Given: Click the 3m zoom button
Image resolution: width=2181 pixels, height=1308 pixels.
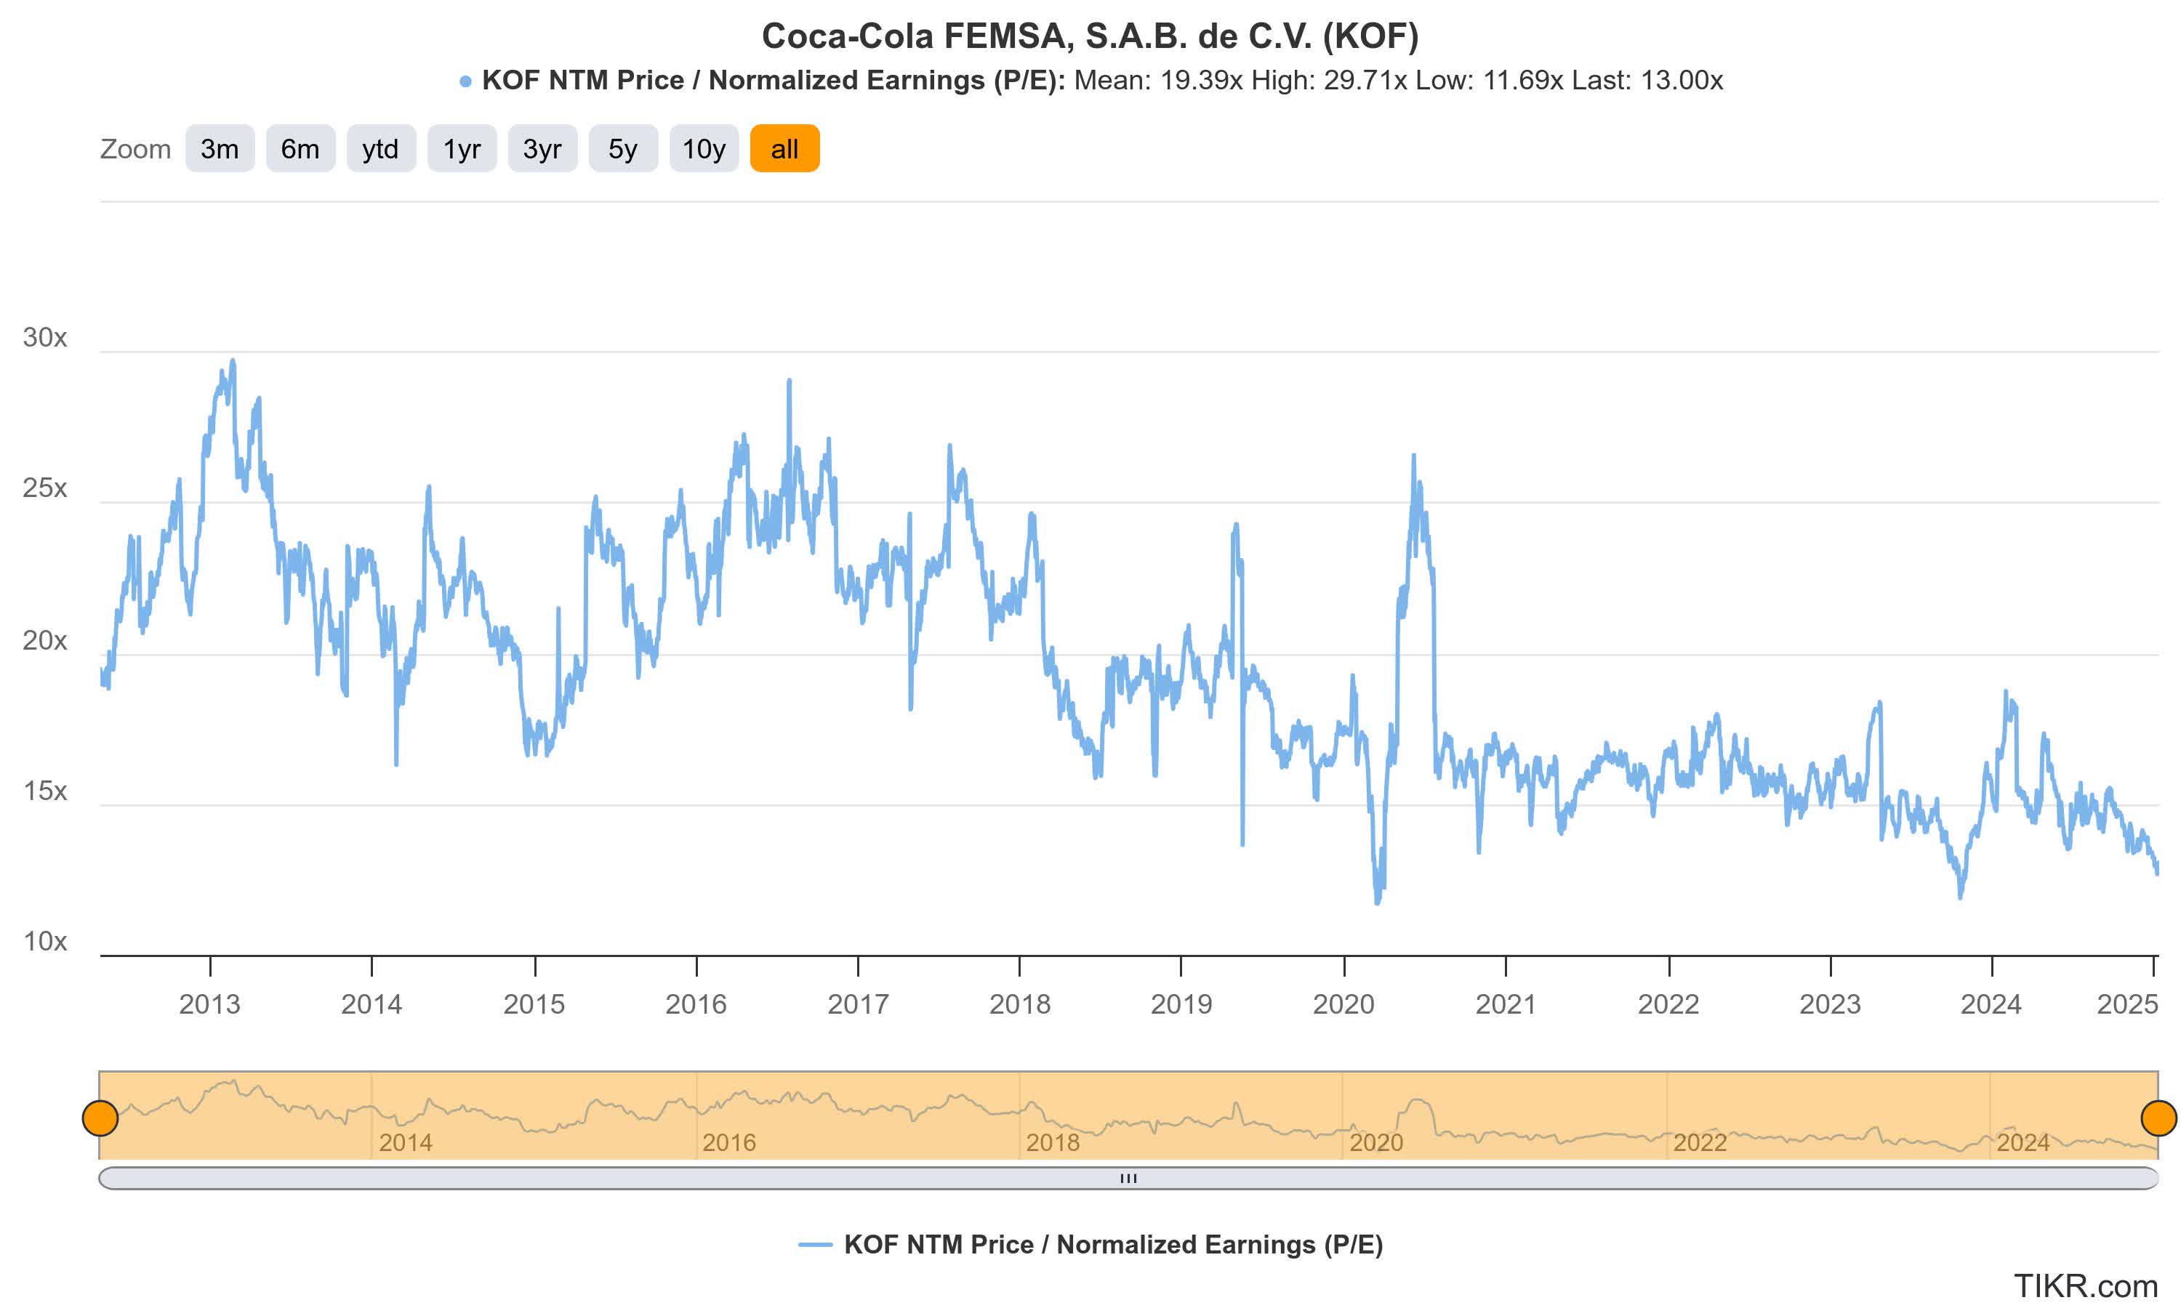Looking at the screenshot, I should coord(220,149).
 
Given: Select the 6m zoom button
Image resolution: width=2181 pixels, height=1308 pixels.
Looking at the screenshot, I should coord(300,149).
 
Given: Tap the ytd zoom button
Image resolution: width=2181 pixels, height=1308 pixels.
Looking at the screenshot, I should coord(381,149).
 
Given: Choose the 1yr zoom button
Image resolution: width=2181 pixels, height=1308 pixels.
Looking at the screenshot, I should coord(462,149).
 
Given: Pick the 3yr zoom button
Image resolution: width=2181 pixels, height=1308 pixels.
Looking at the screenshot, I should coord(542,149).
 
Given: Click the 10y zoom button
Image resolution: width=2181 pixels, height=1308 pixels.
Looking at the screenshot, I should coord(704,149).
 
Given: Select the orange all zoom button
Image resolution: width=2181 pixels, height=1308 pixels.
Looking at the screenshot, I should coord(784,149).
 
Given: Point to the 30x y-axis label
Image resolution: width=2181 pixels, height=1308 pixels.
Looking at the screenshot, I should coord(45,338).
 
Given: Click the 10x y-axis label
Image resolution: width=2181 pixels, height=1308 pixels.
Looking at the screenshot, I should coord(45,941).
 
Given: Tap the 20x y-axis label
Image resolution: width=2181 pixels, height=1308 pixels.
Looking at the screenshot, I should coord(45,640).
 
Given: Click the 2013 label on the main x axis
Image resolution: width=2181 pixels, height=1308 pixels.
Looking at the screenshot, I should coord(210,1004).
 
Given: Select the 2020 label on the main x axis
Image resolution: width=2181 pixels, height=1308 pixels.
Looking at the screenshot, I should coord(1343,1004).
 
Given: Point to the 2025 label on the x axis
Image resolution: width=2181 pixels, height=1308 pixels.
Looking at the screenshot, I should coord(2126,1004).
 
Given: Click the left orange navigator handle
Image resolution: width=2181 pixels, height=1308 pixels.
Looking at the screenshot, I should coord(100,1118).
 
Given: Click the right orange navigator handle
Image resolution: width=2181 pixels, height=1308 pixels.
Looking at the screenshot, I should coord(2158,1118).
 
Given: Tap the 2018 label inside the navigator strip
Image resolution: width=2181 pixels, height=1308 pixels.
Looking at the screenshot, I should coord(1052,1142).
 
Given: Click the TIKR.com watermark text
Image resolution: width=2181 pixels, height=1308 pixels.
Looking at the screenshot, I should coord(2085,1286).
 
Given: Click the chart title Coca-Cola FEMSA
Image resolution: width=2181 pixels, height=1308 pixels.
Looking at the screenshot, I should coord(1090,36).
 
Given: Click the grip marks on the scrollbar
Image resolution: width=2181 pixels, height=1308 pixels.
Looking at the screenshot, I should coord(1128,1179).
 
